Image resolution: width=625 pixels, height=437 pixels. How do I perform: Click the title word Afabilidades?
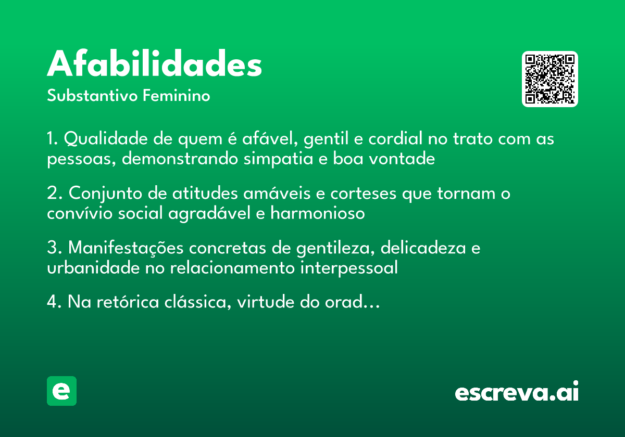154,65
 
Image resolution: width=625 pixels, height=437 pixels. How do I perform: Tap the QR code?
550,79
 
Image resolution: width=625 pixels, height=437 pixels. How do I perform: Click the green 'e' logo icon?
61,391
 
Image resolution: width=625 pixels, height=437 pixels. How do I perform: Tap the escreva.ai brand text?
517,392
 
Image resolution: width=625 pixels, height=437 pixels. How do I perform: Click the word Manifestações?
126,248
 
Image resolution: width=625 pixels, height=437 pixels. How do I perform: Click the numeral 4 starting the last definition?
51,302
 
